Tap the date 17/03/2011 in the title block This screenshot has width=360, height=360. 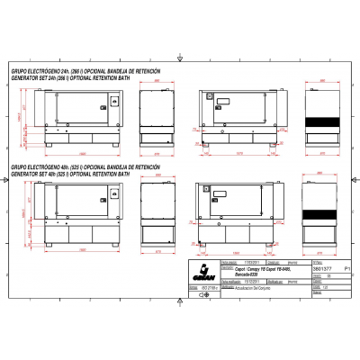coord(253,261)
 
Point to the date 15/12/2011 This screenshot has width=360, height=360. coord(253,280)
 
